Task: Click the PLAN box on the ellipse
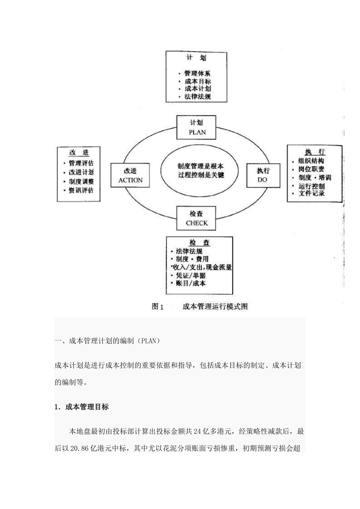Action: pyautogui.click(x=197, y=128)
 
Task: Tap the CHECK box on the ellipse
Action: pyautogui.click(x=197, y=219)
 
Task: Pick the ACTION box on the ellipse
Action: pyautogui.click(x=130, y=176)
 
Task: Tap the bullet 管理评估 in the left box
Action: pyautogui.click(x=81, y=164)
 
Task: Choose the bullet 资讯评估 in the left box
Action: pyautogui.click(x=81, y=190)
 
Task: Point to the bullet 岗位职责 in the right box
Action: pyautogui.click(x=311, y=169)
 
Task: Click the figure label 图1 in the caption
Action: pyautogui.click(x=157, y=306)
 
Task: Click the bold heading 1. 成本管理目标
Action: pyautogui.click(x=82, y=407)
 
